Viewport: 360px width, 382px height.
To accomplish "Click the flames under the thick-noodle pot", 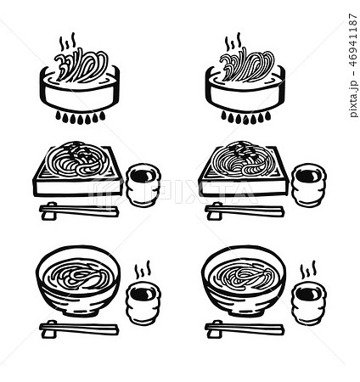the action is tap(81, 117).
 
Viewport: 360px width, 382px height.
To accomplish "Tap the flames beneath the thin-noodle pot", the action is tap(245, 117).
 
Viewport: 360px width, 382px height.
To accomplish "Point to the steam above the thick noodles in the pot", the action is tap(67, 42).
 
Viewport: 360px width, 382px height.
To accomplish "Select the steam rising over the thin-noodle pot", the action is tap(233, 42).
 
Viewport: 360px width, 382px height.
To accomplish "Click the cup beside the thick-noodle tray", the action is tap(143, 185).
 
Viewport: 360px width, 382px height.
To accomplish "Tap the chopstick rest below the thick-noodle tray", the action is tap(49, 211).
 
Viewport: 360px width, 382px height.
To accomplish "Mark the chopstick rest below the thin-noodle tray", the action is tap(215, 211).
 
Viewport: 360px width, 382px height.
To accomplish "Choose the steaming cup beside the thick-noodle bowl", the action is tap(143, 303).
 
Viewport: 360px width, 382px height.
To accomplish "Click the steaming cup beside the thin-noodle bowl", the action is tap(309, 303).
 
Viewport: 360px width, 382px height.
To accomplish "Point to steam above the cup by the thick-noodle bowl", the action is tap(142, 270).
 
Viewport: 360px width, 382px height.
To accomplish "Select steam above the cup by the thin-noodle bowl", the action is tap(308, 270).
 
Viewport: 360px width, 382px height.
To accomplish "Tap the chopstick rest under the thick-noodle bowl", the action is tap(49, 329).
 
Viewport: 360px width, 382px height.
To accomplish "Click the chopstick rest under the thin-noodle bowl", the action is tap(215, 329).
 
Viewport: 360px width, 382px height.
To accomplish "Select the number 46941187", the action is tap(353, 40).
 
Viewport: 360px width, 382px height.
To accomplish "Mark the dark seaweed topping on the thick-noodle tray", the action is tap(78, 152).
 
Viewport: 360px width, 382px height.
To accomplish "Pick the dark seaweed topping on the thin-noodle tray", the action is tap(244, 152).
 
